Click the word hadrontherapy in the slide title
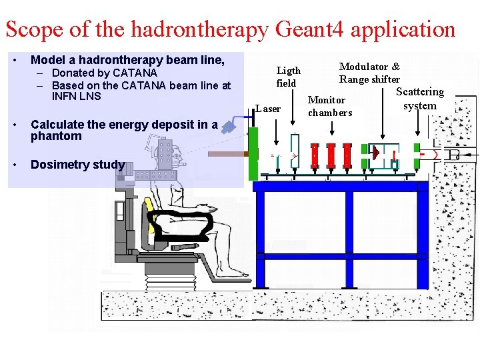point(200,29)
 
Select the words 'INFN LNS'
point(76,96)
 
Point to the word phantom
point(56,136)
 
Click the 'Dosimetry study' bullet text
point(77,165)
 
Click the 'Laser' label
point(268,109)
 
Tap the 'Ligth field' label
point(288,77)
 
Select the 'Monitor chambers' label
point(329,106)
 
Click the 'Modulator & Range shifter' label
point(369,73)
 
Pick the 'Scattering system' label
point(419,99)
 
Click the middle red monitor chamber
point(331,155)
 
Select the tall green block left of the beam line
point(253,154)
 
